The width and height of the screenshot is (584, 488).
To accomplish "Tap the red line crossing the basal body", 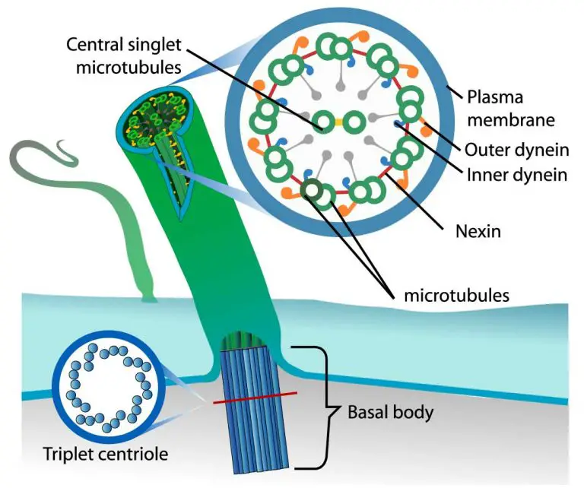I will tap(255, 398).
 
